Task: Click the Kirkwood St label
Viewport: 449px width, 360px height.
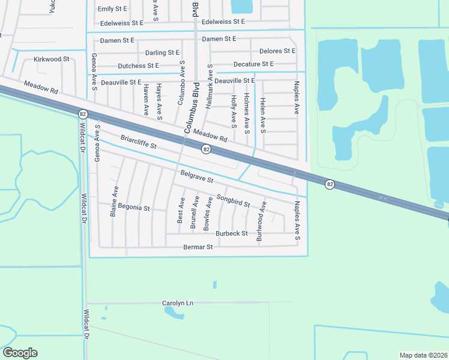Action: (52, 59)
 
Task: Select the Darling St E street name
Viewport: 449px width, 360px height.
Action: (163, 53)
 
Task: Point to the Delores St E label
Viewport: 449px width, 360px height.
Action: (277, 51)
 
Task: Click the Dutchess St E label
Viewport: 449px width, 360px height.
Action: (139, 65)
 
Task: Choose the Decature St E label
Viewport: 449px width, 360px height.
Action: (253, 64)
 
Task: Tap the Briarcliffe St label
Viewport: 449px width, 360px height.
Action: (139, 142)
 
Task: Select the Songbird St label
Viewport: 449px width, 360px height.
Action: (233, 200)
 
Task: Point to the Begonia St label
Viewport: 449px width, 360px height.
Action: (133, 207)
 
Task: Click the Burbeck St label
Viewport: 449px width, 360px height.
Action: (232, 233)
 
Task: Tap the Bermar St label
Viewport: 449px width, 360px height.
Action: (198, 247)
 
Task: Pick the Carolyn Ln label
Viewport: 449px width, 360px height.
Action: (179, 303)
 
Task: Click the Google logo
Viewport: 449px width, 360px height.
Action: (20, 353)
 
